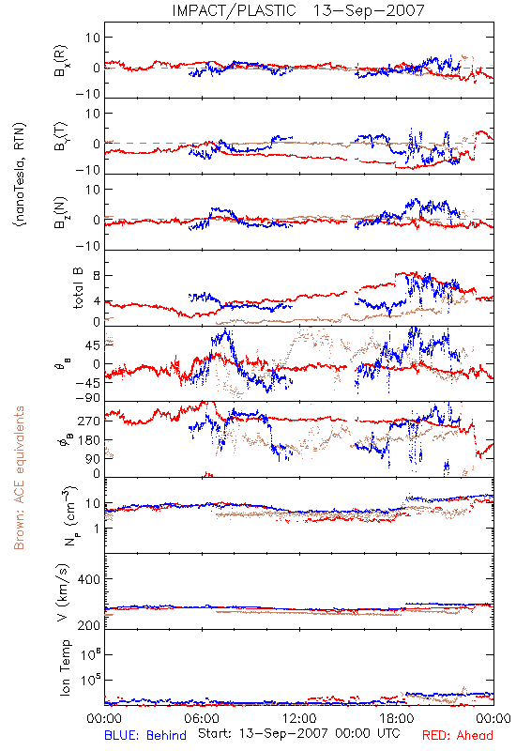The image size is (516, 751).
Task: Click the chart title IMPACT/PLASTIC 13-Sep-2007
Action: (x=298, y=10)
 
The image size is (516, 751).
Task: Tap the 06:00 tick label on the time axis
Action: (x=202, y=718)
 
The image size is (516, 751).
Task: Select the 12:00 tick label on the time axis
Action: (x=299, y=718)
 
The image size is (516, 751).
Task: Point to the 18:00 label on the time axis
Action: (x=397, y=718)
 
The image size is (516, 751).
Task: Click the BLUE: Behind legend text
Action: (x=145, y=735)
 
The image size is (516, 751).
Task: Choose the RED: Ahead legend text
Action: (x=457, y=735)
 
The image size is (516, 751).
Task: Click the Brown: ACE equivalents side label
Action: (x=19, y=478)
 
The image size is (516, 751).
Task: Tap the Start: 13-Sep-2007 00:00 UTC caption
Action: (x=299, y=733)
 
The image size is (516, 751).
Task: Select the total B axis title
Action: (x=78, y=288)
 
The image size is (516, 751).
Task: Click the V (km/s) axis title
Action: (x=63, y=592)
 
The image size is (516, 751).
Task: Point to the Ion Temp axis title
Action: (x=65, y=667)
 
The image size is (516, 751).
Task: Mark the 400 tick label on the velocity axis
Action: (x=88, y=579)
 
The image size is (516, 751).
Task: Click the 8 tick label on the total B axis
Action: (x=97, y=276)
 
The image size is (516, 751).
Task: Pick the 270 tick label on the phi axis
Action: (x=88, y=421)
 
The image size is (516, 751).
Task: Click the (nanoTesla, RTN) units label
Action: (x=20, y=175)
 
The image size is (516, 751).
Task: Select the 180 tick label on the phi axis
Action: (x=88, y=439)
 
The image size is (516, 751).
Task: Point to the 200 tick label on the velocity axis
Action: (x=88, y=625)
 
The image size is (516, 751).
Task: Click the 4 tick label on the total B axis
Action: (x=97, y=301)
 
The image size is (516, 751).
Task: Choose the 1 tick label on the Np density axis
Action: (x=97, y=529)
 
